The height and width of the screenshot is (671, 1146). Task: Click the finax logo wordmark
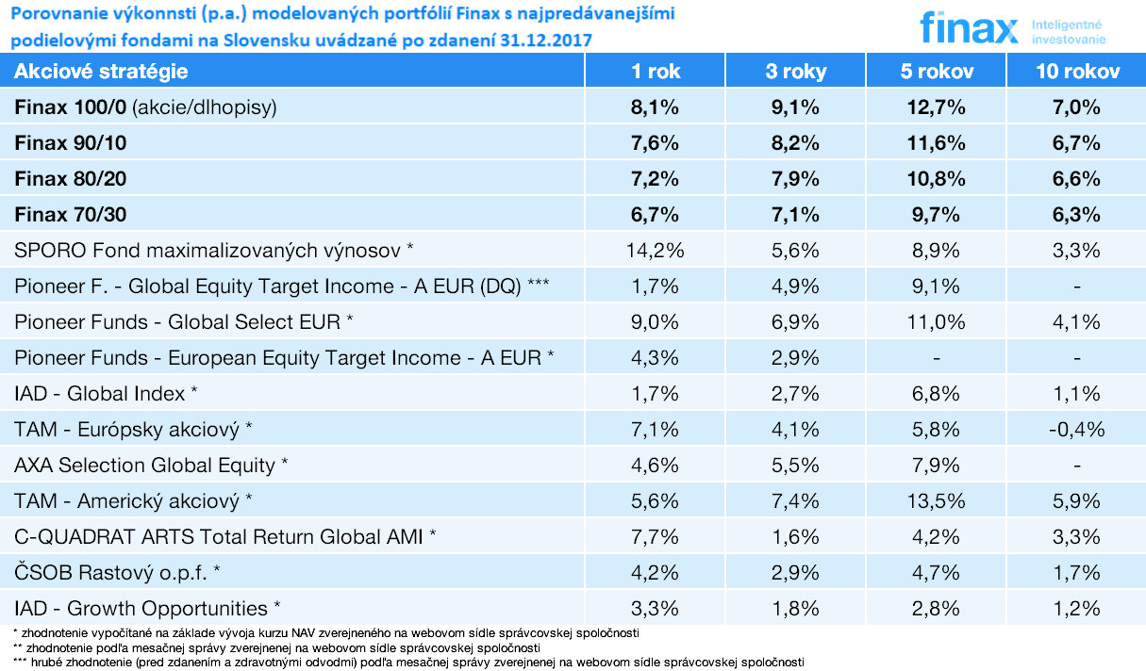point(969,28)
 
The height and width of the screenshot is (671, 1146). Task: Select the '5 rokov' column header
point(937,72)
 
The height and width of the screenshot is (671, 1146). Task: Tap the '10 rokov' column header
point(1077,72)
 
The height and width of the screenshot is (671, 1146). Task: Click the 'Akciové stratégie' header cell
point(101,72)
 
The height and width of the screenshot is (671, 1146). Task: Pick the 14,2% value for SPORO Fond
point(655,251)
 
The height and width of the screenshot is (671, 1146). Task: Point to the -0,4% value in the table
point(1076,430)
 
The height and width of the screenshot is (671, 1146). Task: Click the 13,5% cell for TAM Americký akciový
point(937,500)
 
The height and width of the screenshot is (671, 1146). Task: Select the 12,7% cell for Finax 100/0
point(937,107)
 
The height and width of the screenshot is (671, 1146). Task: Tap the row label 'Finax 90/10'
point(70,143)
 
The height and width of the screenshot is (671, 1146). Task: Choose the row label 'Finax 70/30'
point(70,215)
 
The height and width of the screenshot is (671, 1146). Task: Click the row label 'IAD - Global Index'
point(106,394)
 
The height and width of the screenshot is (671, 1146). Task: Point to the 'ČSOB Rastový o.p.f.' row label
point(117,572)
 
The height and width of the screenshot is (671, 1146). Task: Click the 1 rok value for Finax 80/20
point(655,179)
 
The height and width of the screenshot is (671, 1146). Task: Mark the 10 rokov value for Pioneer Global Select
point(1076,322)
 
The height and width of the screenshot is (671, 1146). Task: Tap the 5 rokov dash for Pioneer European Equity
point(937,359)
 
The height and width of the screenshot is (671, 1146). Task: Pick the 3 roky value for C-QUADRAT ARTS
point(795,536)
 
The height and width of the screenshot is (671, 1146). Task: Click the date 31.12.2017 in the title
point(546,41)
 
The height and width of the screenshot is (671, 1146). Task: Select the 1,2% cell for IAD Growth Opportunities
point(1076,608)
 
